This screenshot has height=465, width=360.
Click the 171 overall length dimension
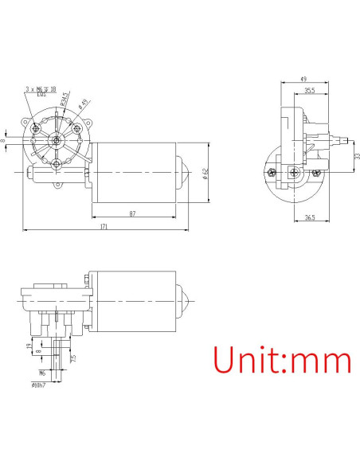[x=104, y=228]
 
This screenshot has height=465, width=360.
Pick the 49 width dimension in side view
[x=303, y=79]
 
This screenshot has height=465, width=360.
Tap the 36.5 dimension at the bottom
[x=310, y=217]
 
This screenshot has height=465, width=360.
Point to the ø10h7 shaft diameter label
[x=37, y=385]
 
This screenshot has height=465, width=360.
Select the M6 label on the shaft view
[x=41, y=372]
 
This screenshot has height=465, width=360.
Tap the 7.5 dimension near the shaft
[x=74, y=358]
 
